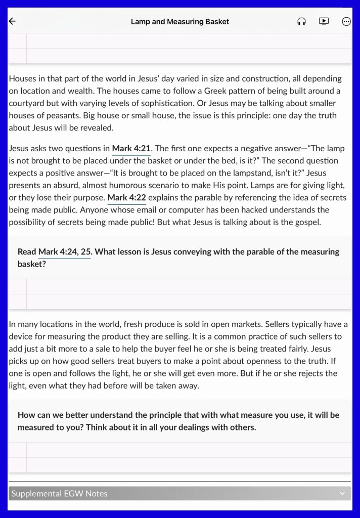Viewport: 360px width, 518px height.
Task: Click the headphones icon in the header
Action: click(x=301, y=21)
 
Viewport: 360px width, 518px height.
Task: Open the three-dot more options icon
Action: click(x=346, y=21)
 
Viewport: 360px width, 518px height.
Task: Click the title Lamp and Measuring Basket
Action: click(x=179, y=21)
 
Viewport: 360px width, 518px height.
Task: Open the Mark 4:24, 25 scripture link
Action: click(x=65, y=251)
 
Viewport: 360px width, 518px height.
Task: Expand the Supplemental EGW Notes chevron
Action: click(x=342, y=493)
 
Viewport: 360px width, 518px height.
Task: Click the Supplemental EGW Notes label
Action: click(x=59, y=493)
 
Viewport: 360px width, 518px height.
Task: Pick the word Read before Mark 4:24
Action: click(x=27, y=251)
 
